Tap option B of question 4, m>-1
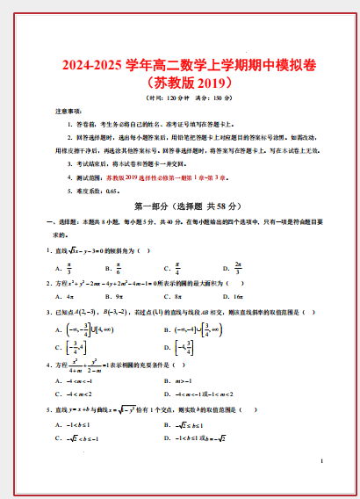(184, 381)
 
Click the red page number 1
(322, 461)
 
